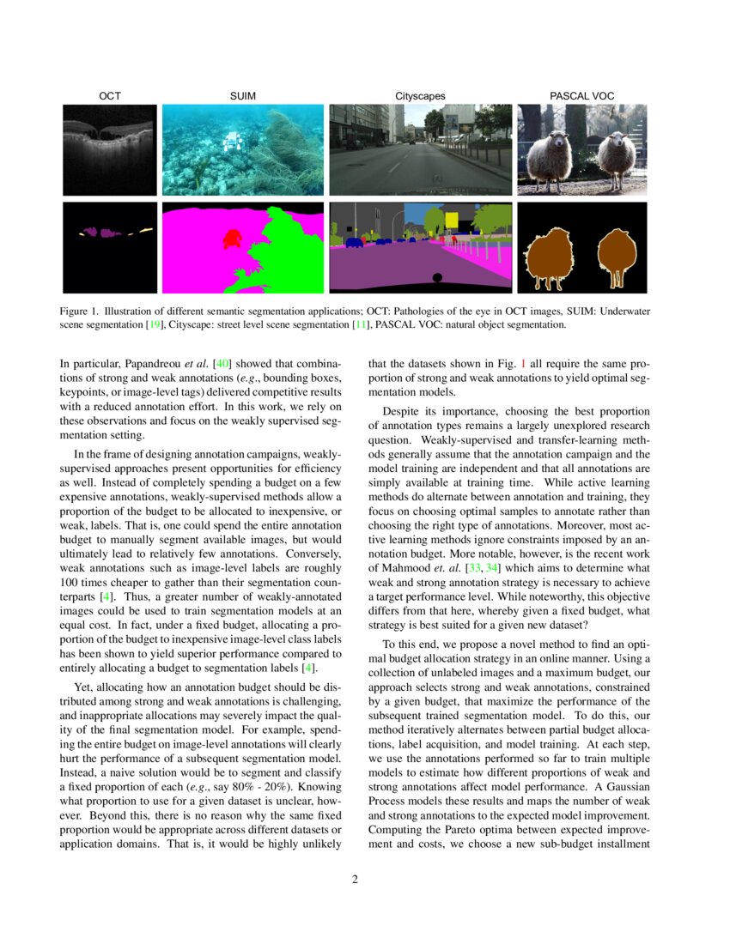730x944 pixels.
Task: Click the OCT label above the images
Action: point(110,96)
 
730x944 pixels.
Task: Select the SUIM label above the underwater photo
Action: point(243,96)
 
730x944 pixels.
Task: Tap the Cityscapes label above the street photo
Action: point(420,96)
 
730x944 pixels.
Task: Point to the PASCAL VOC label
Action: point(581,96)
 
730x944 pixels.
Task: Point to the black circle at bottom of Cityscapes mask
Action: point(437,277)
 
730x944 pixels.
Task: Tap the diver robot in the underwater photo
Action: point(229,142)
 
